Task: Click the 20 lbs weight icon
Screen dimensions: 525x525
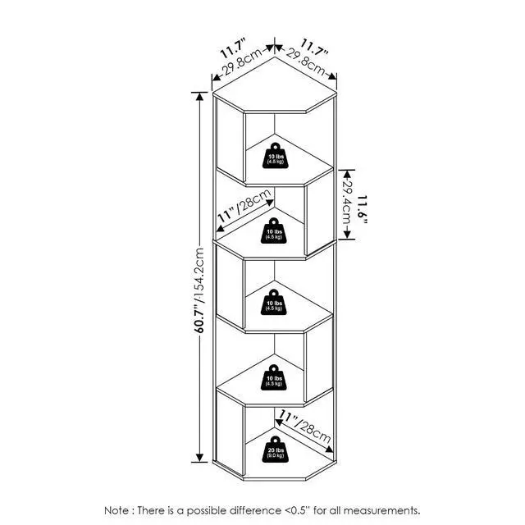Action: (x=276, y=450)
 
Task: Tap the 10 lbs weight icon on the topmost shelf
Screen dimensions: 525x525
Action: (x=276, y=156)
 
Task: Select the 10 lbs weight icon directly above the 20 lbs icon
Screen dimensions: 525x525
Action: (x=274, y=377)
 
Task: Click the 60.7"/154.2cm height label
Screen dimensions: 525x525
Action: (x=199, y=290)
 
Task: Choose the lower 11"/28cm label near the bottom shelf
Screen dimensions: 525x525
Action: (x=305, y=427)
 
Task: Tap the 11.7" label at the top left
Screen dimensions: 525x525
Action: (x=233, y=48)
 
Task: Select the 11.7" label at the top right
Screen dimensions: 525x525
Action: (x=314, y=48)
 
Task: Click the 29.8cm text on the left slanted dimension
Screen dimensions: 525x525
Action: (x=243, y=62)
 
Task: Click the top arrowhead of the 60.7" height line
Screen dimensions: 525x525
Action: (x=199, y=97)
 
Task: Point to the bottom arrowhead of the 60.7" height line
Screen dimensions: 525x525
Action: (x=199, y=458)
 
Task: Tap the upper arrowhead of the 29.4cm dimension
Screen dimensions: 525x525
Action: (x=347, y=174)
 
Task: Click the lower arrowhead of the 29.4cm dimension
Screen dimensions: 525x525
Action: (x=347, y=234)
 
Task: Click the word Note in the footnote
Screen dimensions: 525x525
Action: (x=116, y=510)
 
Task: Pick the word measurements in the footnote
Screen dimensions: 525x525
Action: (x=381, y=511)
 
